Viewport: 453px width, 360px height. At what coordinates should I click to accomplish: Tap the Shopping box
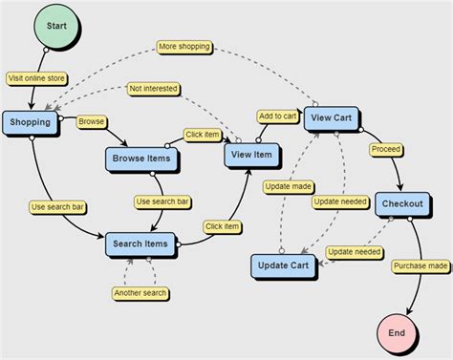pos(31,122)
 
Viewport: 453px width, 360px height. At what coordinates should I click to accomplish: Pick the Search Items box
pos(142,244)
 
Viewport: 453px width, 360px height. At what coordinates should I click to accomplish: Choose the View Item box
pos(251,155)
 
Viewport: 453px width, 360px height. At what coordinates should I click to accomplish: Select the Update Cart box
pos(284,264)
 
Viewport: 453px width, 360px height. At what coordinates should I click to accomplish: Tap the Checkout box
pos(401,204)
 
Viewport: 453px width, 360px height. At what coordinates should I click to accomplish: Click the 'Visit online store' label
pos(35,79)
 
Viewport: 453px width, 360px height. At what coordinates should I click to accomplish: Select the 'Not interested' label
pos(154,89)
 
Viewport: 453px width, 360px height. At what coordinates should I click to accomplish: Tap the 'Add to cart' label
pos(276,116)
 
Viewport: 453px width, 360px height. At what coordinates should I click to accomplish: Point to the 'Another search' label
pos(140,292)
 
